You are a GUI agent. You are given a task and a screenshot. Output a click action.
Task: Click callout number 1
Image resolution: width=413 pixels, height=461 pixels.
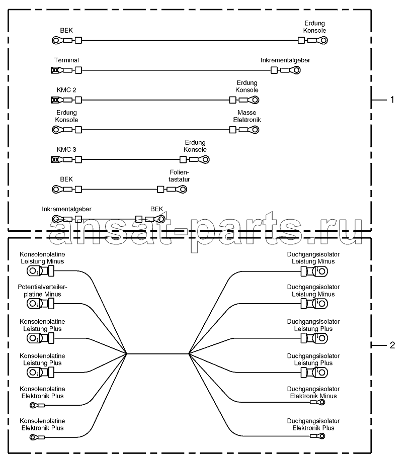(392, 100)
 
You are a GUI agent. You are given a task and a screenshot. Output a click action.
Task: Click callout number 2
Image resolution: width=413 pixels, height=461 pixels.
(392, 345)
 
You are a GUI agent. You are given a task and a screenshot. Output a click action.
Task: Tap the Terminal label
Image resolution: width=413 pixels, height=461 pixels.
(66, 60)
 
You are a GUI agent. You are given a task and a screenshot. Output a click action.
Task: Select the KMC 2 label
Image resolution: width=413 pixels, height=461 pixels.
(66, 90)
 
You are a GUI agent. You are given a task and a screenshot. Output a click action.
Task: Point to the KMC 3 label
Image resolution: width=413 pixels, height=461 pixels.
(66, 150)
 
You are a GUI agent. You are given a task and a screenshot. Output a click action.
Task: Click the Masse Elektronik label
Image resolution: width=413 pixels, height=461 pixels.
(247, 116)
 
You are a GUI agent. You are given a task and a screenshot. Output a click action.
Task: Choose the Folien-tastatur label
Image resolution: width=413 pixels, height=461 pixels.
(179, 176)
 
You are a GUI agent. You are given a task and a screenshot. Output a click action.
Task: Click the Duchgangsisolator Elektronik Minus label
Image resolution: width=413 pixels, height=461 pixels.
(313, 393)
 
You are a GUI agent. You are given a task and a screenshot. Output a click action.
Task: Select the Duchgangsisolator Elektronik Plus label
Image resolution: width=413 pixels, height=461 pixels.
(313, 424)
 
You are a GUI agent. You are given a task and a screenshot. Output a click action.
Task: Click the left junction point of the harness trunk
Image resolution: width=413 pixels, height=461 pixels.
(127, 354)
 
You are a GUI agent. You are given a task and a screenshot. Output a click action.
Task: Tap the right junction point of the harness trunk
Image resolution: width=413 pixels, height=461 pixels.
(189, 354)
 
